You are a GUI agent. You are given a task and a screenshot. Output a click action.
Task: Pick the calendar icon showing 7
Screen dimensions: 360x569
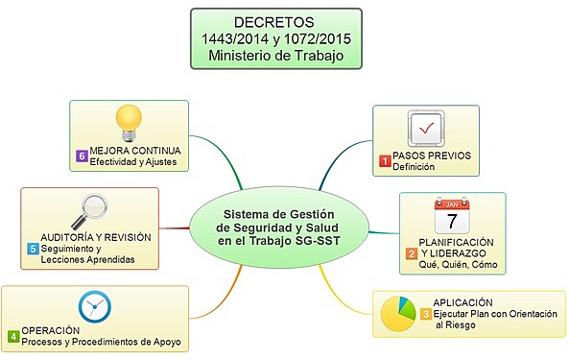[451, 215]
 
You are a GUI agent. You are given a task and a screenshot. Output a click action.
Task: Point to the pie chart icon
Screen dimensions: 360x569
[402, 312]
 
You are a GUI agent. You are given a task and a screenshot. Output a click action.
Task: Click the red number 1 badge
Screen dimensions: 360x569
[386, 161]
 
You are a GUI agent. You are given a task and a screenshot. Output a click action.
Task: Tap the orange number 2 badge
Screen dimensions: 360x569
[412, 253]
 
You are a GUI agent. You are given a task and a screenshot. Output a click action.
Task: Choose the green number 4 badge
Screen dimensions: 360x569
[13, 336]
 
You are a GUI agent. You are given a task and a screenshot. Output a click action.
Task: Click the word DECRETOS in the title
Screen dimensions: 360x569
[275, 21]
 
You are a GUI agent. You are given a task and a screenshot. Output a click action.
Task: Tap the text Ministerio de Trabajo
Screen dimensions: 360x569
[275, 56]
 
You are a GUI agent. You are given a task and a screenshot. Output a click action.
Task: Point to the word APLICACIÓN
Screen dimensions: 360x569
[462, 301]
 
